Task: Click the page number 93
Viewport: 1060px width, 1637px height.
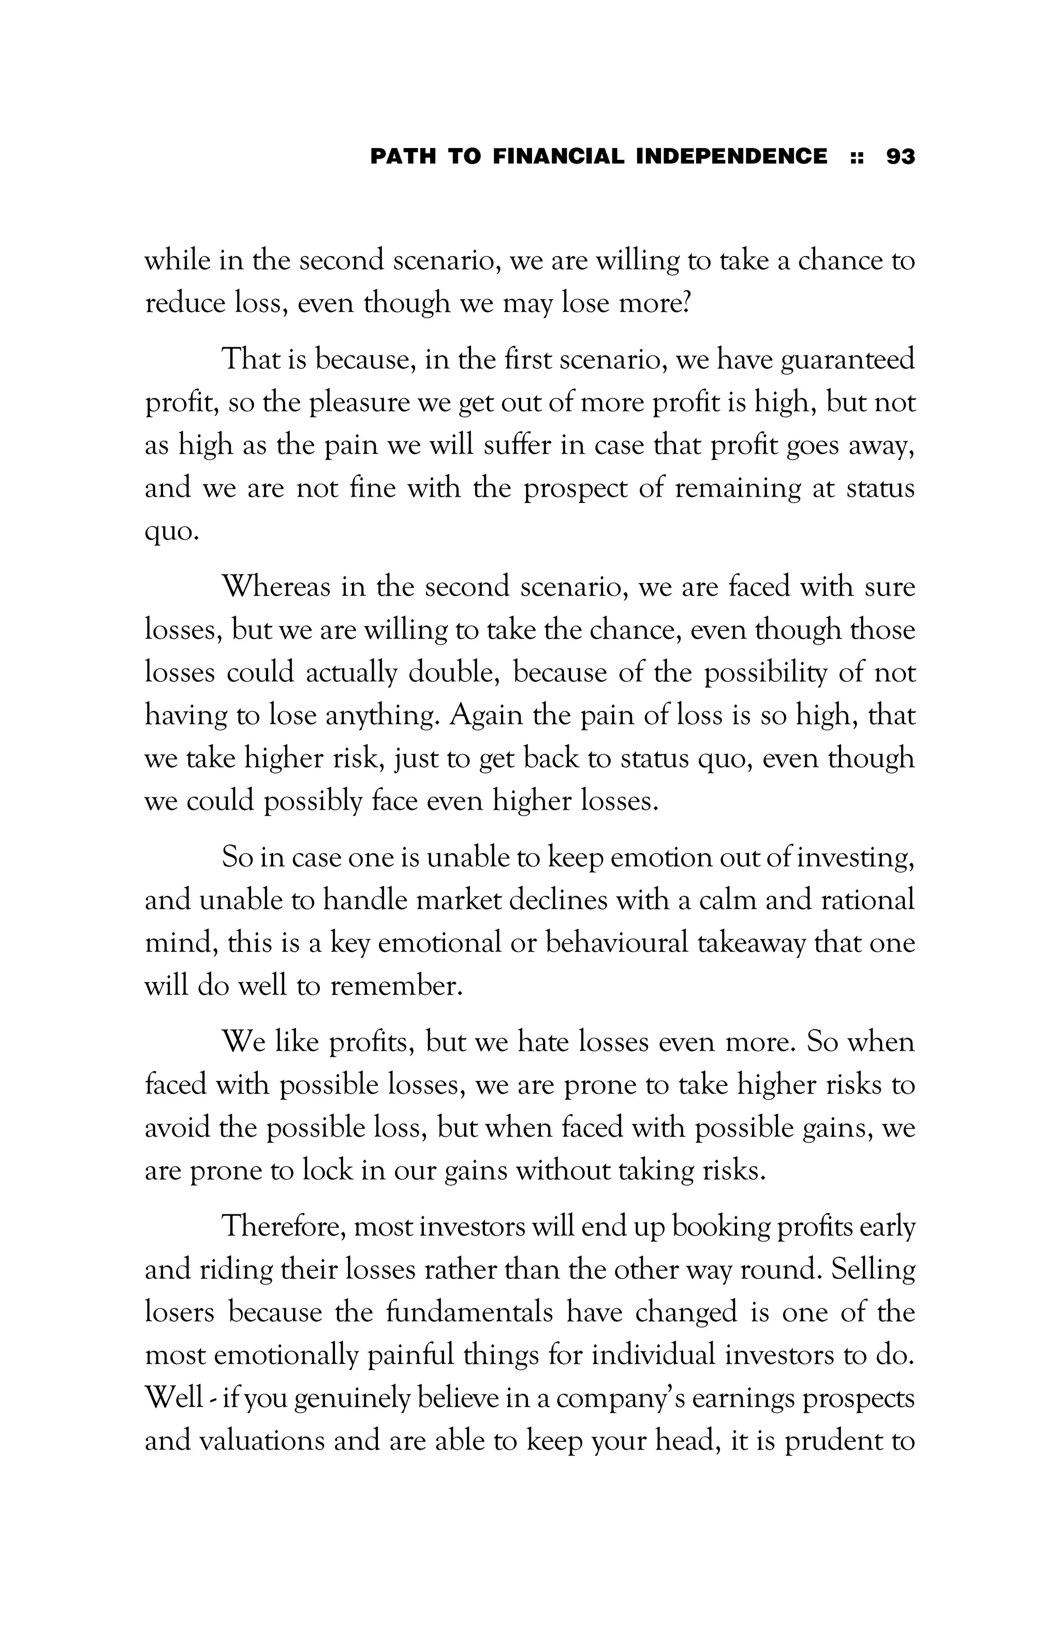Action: [901, 156]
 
